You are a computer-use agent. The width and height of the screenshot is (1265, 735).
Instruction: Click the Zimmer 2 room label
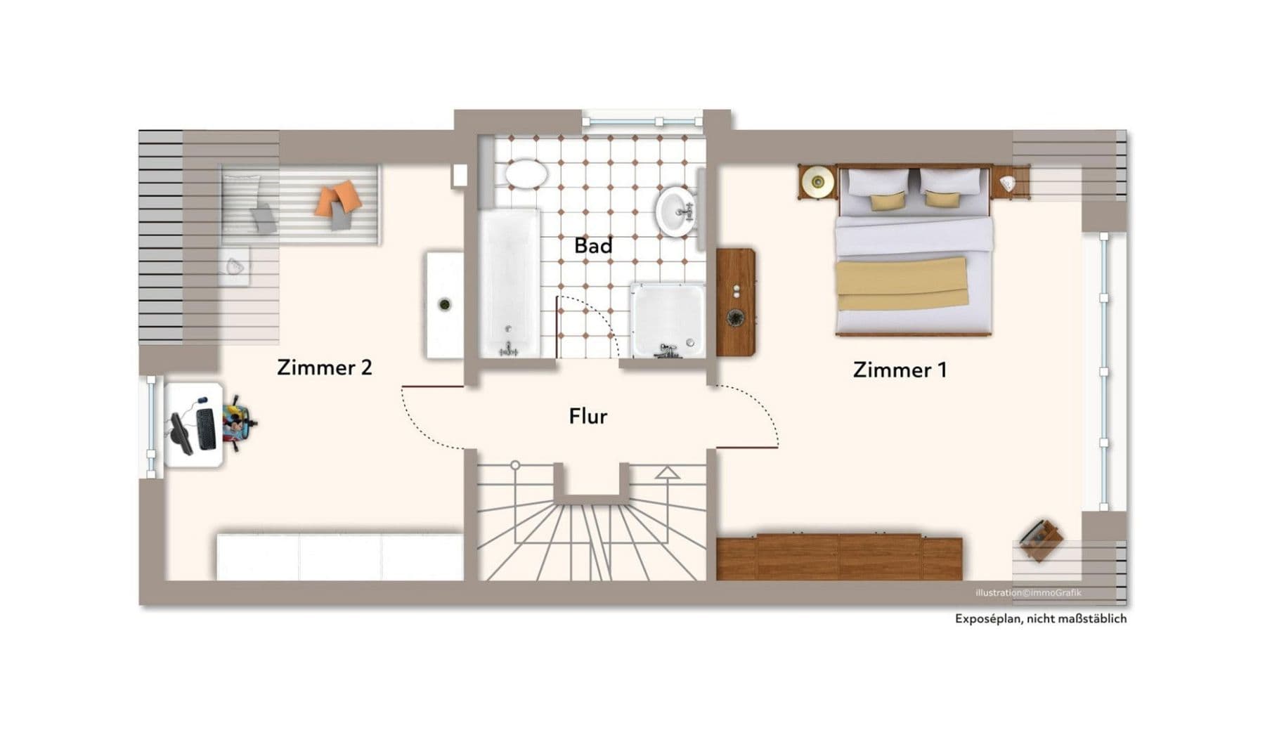coord(324,367)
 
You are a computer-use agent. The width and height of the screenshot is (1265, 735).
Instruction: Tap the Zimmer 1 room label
coord(900,370)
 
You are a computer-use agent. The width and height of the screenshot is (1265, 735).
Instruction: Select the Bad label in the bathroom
coord(593,246)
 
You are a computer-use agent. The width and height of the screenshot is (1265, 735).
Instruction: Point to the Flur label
coord(588,416)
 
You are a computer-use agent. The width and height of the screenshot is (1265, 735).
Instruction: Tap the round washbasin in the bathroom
coord(676,210)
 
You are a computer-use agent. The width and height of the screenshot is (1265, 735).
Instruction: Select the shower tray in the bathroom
coord(668,320)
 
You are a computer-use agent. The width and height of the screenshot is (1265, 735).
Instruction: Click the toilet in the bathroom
coord(526,174)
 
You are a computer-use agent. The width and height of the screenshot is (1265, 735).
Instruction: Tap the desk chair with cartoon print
coord(238,423)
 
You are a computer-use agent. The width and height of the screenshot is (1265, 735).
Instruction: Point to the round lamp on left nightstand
coord(817,182)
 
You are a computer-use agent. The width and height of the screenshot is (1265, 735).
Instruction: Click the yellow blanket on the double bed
coord(902,283)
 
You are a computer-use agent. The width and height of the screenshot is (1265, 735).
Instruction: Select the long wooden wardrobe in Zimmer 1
coord(839,557)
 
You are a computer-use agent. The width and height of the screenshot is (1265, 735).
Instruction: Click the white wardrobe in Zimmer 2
coord(339,557)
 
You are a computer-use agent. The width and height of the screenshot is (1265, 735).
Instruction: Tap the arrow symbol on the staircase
coord(667,472)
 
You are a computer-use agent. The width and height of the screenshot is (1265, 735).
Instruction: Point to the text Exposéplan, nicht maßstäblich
coord(1040,618)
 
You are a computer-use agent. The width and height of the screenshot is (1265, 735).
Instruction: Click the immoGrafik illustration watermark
coord(1028,592)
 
